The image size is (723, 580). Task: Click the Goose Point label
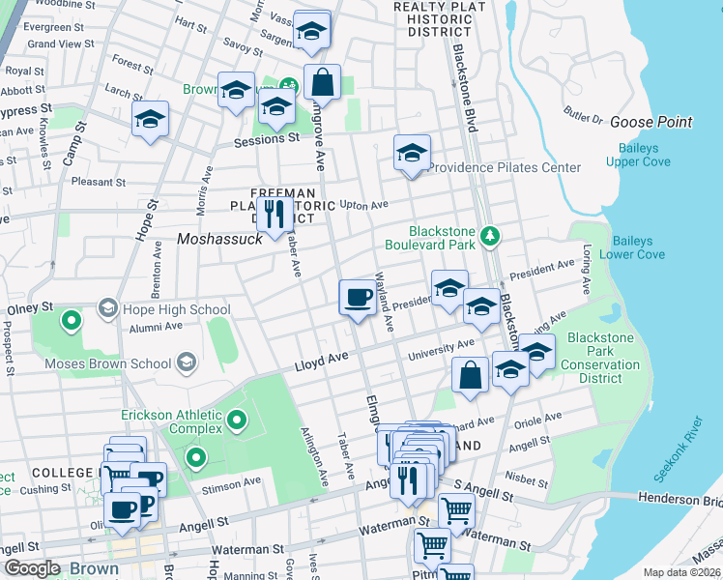point(651,122)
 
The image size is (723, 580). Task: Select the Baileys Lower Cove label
point(632,247)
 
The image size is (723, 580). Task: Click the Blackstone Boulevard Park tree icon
point(490,234)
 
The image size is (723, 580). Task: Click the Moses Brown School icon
point(186,363)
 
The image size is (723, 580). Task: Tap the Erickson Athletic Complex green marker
point(237,420)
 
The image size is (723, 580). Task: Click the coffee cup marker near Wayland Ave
point(358,296)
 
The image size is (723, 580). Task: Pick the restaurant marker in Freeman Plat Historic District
point(277,215)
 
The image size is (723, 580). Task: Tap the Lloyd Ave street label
point(320,359)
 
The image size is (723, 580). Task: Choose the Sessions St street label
point(267,140)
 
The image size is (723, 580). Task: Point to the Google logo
point(32,568)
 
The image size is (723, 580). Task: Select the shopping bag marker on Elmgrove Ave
point(323,82)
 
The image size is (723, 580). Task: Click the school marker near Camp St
point(150,119)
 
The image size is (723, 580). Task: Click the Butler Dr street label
point(584,116)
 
